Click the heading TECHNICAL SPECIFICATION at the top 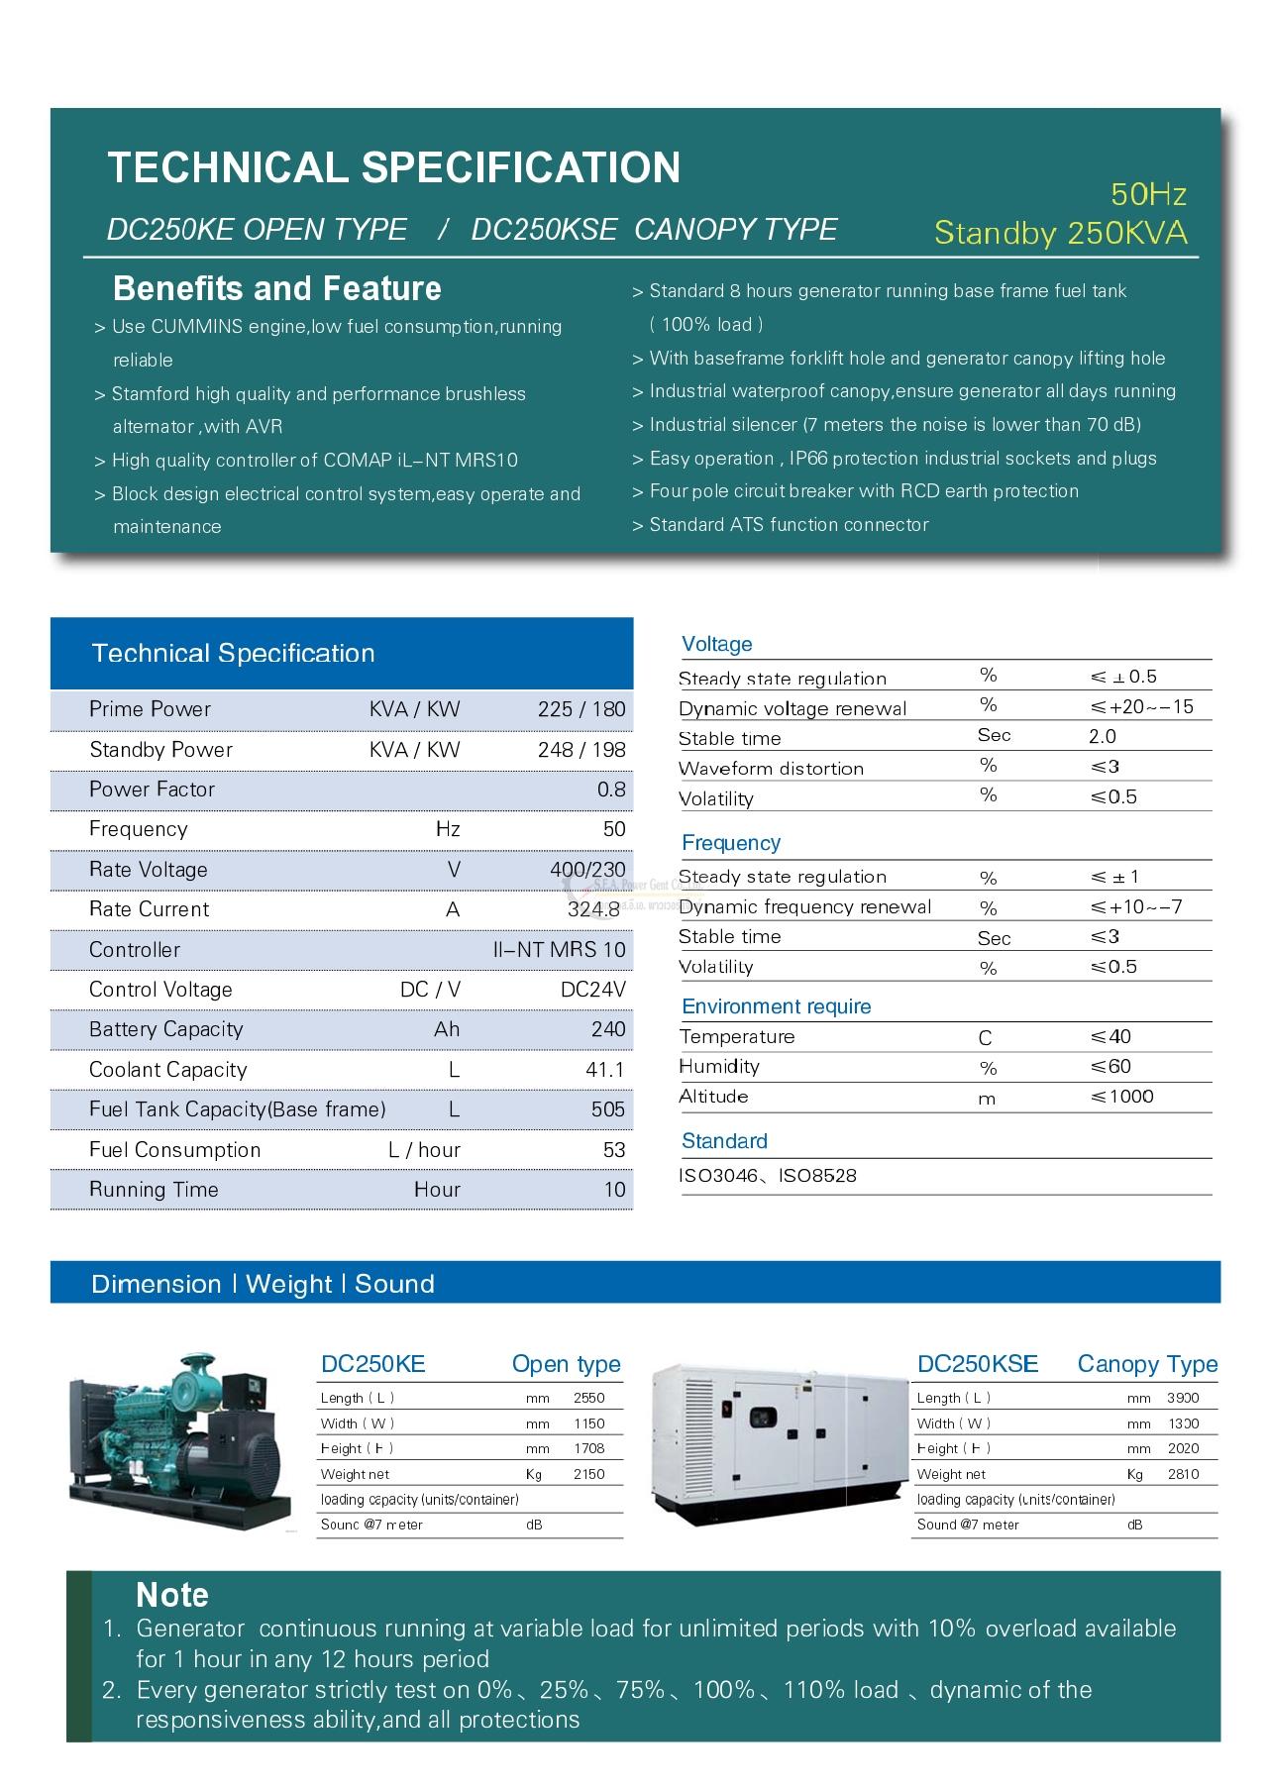point(393,167)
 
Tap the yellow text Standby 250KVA point(1060,233)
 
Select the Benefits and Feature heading point(277,288)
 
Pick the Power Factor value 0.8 point(611,790)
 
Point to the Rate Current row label point(149,909)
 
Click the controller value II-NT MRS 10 point(560,950)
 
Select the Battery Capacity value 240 point(608,1029)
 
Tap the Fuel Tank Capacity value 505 point(608,1109)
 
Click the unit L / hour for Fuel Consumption point(424,1150)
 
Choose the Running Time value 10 point(615,1190)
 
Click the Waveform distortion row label point(771,769)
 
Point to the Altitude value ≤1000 point(1121,1097)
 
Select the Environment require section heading point(777,1006)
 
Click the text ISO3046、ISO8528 point(768,1176)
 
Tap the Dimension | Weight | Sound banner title point(263,1284)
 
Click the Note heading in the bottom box point(172,1595)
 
